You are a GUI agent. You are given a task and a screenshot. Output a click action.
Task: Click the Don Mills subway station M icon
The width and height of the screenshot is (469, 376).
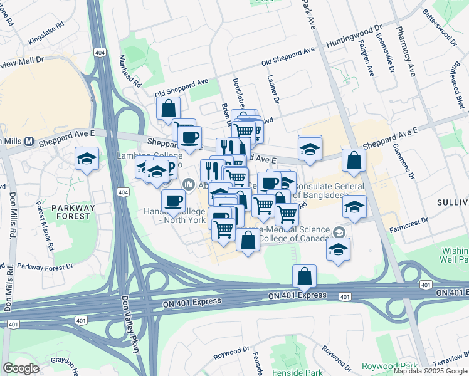tap(29, 141)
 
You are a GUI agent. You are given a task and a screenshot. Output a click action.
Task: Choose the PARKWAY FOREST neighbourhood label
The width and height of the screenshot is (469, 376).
tap(73, 212)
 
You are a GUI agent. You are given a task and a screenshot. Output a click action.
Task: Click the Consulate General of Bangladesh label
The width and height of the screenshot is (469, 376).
tap(329, 191)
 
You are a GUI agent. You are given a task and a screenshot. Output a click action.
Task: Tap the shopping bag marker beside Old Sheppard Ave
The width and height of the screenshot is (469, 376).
tap(168, 108)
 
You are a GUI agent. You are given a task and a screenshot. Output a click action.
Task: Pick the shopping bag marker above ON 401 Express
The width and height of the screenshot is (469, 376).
tap(304, 276)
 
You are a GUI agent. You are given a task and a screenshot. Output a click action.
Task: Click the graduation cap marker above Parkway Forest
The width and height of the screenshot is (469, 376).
tap(87, 159)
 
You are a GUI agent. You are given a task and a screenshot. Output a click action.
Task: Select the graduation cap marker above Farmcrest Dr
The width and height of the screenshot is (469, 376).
tap(354, 207)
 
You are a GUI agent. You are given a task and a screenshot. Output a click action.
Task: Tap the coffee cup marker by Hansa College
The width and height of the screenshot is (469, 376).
tap(173, 201)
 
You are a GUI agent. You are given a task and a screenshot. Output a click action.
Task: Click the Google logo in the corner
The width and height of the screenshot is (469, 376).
tap(21, 368)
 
